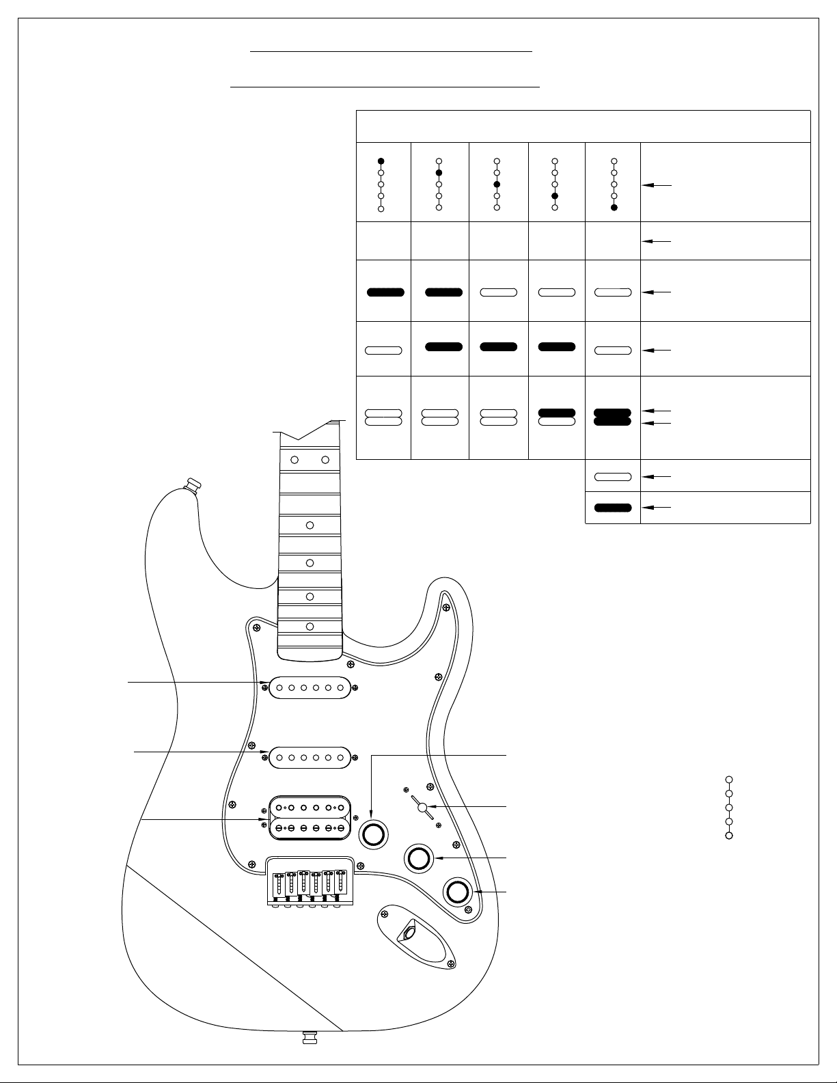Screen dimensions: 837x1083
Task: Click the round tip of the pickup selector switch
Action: pyautogui.click(x=423, y=808)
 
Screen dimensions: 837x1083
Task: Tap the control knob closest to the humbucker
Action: pyautogui.click(x=374, y=834)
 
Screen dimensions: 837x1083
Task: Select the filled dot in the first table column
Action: pyautogui.click(x=381, y=161)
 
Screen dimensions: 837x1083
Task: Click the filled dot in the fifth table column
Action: pyautogui.click(x=614, y=207)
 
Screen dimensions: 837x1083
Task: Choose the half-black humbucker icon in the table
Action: pyautogui.click(x=556, y=417)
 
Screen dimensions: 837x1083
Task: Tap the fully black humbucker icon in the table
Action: pyautogui.click(x=613, y=417)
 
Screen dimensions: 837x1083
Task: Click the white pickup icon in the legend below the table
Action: pyautogui.click(x=613, y=476)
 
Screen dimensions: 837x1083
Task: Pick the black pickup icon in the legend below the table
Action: pyautogui.click(x=613, y=508)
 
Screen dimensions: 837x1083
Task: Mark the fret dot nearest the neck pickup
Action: pyautogui.click(x=310, y=627)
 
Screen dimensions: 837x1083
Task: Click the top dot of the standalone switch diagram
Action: pyautogui.click(x=729, y=779)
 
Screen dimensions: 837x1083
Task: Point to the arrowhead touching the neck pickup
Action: pyautogui.click(x=265, y=682)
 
